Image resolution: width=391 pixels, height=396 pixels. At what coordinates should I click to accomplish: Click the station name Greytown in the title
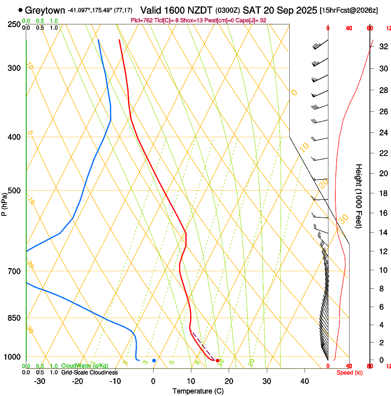click(45, 10)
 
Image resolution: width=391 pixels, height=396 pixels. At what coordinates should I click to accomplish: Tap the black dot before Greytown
click(20, 10)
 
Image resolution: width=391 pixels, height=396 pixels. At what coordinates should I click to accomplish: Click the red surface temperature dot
click(218, 361)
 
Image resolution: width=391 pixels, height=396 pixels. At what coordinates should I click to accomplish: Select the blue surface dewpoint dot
click(154, 361)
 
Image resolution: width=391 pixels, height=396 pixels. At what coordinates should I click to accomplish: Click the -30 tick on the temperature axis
click(40, 381)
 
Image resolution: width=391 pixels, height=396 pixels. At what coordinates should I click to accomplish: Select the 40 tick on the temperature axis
click(305, 381)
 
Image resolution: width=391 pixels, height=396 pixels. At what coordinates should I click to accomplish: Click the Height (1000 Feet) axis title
click(359, 196)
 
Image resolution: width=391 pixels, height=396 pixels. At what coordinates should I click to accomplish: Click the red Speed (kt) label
click(350, 373)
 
